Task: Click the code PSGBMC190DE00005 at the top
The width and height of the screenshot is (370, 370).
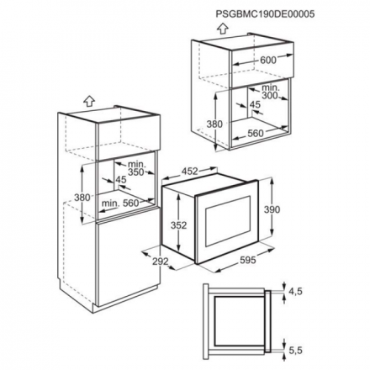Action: [265, 14]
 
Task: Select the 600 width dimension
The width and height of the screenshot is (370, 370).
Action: [268, 60]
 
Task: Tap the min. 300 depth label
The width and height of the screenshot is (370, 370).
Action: [270, 92]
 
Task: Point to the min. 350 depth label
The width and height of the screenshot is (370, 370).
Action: [136, 168]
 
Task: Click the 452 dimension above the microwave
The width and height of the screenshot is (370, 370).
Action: [190, 171]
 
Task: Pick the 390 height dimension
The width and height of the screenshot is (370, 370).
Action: [272, 209]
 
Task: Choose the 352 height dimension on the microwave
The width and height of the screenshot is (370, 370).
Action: [178, 225]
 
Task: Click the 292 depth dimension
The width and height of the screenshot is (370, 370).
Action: [161, 262]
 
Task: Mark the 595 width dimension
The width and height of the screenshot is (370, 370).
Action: [248, 260]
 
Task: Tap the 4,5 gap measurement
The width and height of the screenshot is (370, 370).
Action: [295, 292]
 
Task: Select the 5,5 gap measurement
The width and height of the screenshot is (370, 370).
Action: [295, 350]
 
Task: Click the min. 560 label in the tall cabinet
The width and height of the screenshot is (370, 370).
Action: [120, 203]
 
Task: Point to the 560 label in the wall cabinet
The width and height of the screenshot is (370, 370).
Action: [256, 134]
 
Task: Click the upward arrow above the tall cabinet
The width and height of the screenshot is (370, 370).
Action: [89, 101]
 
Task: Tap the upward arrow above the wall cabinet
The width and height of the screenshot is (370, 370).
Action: [223, 28]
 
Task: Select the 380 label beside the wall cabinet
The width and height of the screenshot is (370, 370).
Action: [214, 124]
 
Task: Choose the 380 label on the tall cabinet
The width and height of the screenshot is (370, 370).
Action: [82, 198]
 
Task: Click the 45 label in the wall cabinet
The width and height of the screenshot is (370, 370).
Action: [255, 104]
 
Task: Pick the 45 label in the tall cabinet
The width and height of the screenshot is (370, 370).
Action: [121, 180]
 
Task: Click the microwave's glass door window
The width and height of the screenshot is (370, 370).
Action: [228, 221]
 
